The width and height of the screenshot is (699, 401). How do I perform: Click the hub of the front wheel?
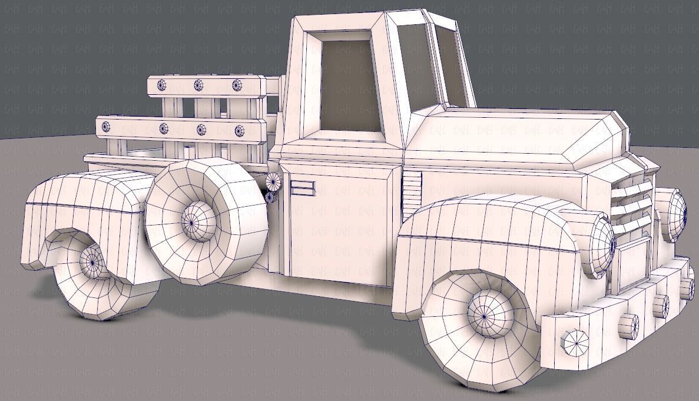point(485,317)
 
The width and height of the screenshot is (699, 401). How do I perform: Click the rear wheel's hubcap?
point(93,260)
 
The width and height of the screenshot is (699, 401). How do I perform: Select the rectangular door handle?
point(303,188)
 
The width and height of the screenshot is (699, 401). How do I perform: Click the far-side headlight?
point(676,213)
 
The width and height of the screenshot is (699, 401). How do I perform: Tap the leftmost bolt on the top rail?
point(162,85)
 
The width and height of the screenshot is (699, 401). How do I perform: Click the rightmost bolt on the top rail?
point(237,85)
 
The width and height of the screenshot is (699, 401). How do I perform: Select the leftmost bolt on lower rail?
point(107,126)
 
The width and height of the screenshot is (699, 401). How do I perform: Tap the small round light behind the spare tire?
point(273,180)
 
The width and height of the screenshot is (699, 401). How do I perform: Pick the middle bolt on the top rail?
point(198,85)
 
